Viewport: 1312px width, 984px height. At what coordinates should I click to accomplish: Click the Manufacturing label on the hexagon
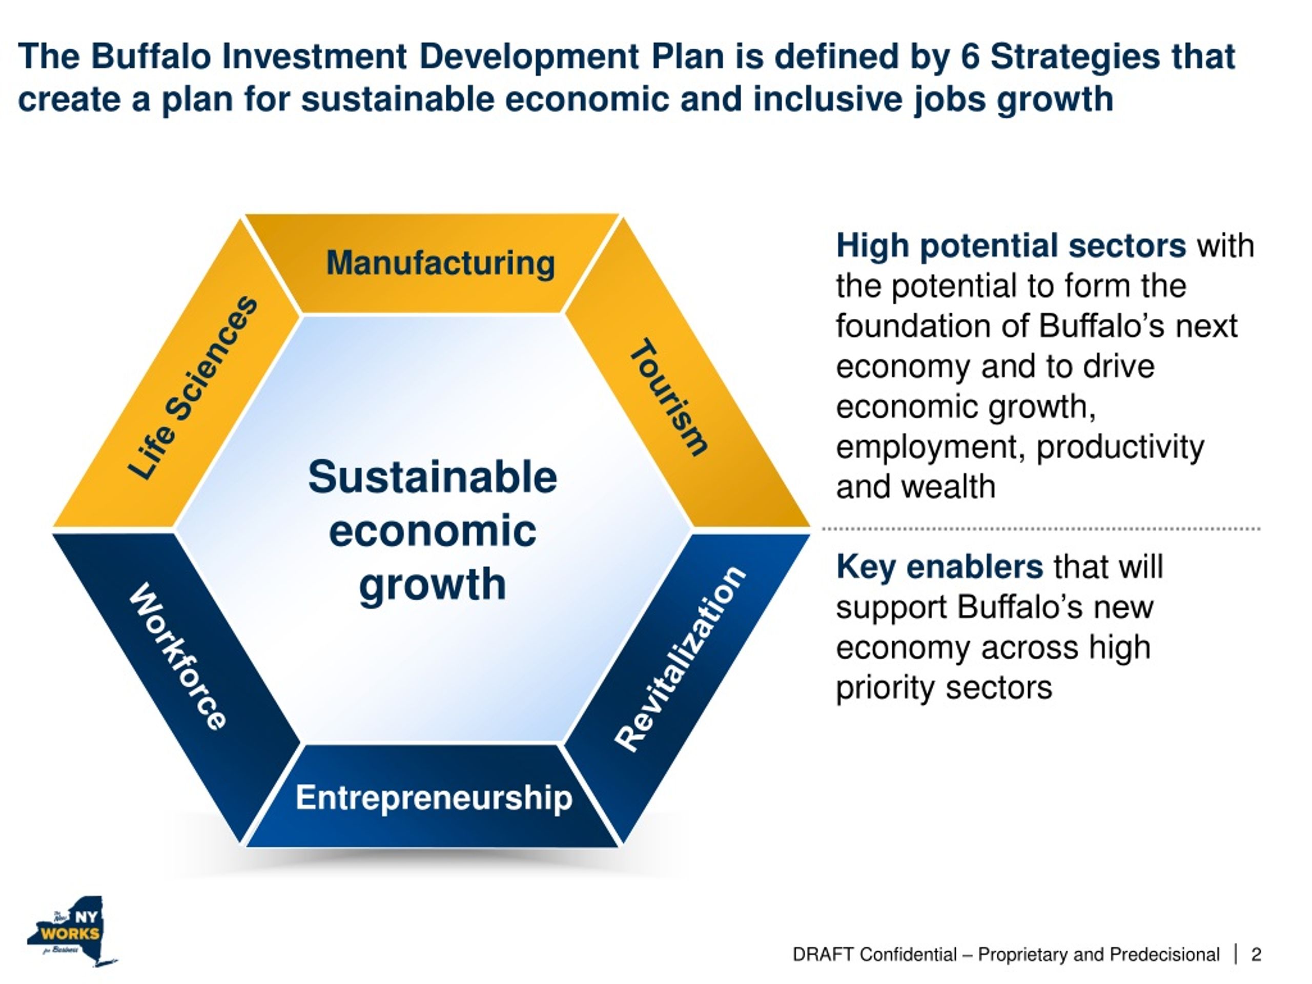440,263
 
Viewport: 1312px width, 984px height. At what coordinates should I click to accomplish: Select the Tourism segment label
669,397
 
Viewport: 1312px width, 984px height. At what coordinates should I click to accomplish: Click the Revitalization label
680,659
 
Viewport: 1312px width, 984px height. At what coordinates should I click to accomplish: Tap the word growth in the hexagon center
433,585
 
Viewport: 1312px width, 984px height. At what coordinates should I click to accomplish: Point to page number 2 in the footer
1256,954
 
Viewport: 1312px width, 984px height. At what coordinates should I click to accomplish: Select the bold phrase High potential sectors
1011,245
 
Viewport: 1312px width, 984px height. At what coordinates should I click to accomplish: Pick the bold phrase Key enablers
939,566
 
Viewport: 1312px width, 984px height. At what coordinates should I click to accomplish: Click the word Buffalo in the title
151,57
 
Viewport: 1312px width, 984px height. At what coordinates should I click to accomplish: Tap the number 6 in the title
970,57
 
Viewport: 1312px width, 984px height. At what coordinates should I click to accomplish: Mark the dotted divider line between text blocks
1041,528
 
